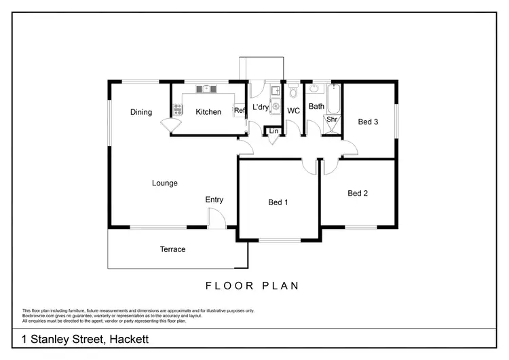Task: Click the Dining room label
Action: coord(141,112)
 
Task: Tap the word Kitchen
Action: coord(208,111)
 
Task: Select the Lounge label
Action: coord(165,183)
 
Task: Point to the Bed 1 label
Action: coord(278,202)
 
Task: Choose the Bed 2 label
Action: coord(358,193)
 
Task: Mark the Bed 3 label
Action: coord(368,122)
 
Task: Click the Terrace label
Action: coord(172,249)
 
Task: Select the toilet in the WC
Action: coord(293,91)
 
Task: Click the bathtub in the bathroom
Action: coord(333,98)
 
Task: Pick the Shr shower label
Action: coord(332,120)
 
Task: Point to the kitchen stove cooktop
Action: coord(178,108)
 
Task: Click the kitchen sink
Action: coord(206,88)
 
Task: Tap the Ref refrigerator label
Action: coord(239,111)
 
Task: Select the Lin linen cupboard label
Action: coord(274,130)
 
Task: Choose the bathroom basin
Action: coord(315,88)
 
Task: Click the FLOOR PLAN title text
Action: coord(252,285)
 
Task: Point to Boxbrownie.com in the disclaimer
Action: coord(38,315)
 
